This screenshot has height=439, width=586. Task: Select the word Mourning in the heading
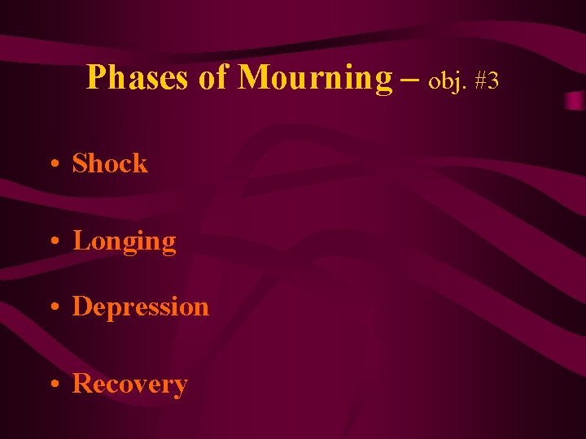(315, 78)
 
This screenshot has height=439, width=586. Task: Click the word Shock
(110, 163)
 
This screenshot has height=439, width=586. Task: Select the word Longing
(124, 241)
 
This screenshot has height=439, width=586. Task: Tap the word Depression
(140, 306)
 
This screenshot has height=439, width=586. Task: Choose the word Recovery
(129, 384)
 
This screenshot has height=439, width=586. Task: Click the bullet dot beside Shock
(53, 165)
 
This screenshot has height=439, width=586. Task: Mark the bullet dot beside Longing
(53, 242)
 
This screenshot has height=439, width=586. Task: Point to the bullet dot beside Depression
(53, 308)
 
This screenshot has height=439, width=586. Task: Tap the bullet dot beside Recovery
(53, 385)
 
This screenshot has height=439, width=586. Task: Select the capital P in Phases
(95, 78)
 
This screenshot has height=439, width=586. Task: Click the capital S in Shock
(80, 163)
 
